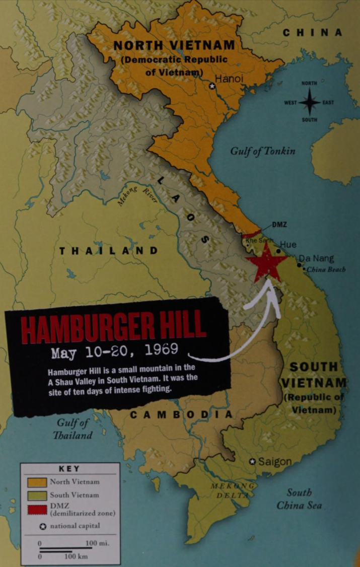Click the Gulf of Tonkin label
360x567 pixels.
[x=263, y=151]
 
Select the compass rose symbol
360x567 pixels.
[x=310, y=102]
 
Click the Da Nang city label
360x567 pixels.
[x=316, y=258]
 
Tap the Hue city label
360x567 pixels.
[x=288, y=245]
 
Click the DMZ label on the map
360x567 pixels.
[x=279, y=224]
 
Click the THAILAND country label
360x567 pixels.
[x=109, y=251]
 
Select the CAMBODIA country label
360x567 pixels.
[x=182, y=414]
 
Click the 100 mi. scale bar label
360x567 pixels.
[x=97, y=544]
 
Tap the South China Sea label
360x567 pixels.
[x=299, y=499]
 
